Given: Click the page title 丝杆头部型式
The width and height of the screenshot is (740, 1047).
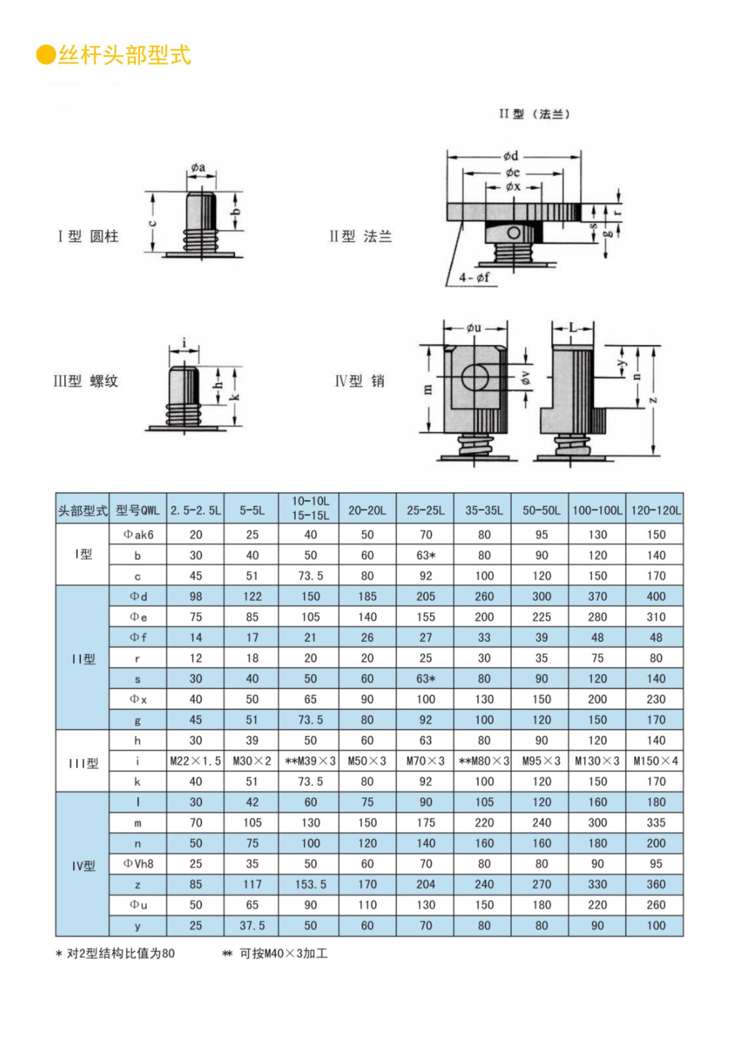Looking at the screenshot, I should tap(124, 55).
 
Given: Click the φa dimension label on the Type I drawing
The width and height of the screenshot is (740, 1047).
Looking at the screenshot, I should tap(198, 168).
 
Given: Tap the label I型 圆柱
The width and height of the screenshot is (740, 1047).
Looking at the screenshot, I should tap(88, 236).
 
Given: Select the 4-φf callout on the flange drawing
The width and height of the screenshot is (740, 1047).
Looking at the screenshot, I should tap(474, 277).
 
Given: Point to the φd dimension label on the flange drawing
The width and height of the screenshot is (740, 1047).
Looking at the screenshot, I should tap(510, 156).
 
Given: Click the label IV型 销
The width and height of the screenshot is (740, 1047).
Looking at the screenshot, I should tap(359, 381).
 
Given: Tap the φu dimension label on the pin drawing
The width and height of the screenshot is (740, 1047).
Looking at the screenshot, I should tap(474, 327).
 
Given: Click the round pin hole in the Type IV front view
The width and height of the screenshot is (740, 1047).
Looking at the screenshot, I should tap(475, 378).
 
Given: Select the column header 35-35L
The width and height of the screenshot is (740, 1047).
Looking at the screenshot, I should tap(484, 510).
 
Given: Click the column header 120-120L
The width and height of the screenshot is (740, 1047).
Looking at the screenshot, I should tap(655, 510).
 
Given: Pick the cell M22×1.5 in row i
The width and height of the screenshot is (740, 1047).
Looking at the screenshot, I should tap(195, 761).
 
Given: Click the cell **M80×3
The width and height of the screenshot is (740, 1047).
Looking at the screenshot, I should tap(484, 761).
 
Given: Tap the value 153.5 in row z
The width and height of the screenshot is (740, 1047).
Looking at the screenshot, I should tap(310, 885).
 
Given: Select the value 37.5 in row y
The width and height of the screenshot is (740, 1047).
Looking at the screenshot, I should tap(252, 926).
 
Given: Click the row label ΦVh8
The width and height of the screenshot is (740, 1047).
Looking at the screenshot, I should tap(138, 864).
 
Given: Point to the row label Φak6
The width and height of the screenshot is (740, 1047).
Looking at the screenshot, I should tap(138, 535).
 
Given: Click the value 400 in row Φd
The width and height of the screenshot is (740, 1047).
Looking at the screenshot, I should tap(656, 597).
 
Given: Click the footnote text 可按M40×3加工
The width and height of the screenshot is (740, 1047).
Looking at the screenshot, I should tap(283, 953).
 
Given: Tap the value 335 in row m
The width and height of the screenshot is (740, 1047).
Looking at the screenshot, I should tap(656, 823).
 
